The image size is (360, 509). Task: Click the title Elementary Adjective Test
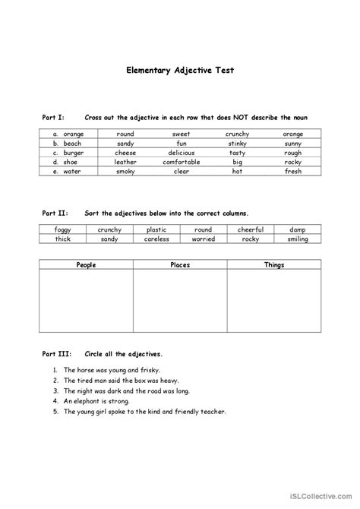tap(180, 70)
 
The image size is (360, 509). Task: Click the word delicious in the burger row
tap(181, 153)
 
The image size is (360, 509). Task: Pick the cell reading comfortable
tap(181, 162)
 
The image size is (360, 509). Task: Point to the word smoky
tap(125, 172)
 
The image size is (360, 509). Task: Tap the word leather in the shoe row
tap(125, 162)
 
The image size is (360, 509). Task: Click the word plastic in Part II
tap(156, 229)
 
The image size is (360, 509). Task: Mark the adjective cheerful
tap(250, 229)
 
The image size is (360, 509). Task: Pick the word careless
tap(156, 239)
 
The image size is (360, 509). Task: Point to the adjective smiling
tap(297, 239)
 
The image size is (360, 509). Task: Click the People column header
tap(86, 265)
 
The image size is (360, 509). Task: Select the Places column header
tap(180, 265)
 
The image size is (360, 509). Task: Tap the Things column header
tap(273, 265)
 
